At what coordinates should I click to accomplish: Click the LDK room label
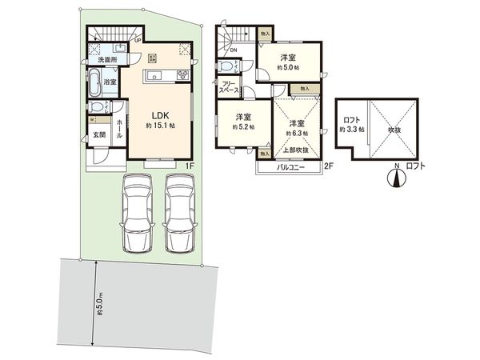click(x=157, y=114)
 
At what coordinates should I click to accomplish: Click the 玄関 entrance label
click(x=98, y=134)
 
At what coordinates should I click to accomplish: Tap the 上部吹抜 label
click(x=296, y=150)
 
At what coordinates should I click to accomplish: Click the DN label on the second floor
click(x=234, y=50)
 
